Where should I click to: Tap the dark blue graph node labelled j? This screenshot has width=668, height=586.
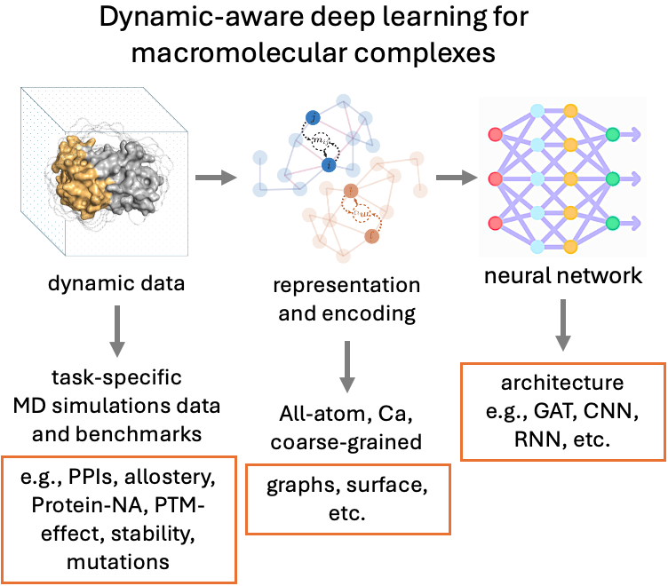pyautogui.click(x=311, y=117)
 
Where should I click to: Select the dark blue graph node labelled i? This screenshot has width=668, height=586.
pyautogui.click(x=329, y=165)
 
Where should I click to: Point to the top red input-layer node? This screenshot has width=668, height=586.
pyautogui.click(x=495, y=136)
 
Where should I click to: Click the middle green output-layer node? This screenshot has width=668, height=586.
pyautogui.click(x=612, y=179)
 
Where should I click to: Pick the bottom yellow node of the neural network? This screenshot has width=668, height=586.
pyautogui.click(x=570, y=246)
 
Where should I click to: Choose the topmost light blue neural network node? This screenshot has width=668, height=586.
pyautogui.click(x=537, y=112)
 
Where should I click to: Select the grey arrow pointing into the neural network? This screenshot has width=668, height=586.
pyautogui.click(x=456, y=178)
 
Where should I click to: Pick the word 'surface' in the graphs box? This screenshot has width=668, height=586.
pyautogui.click(x=372, y=486)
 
